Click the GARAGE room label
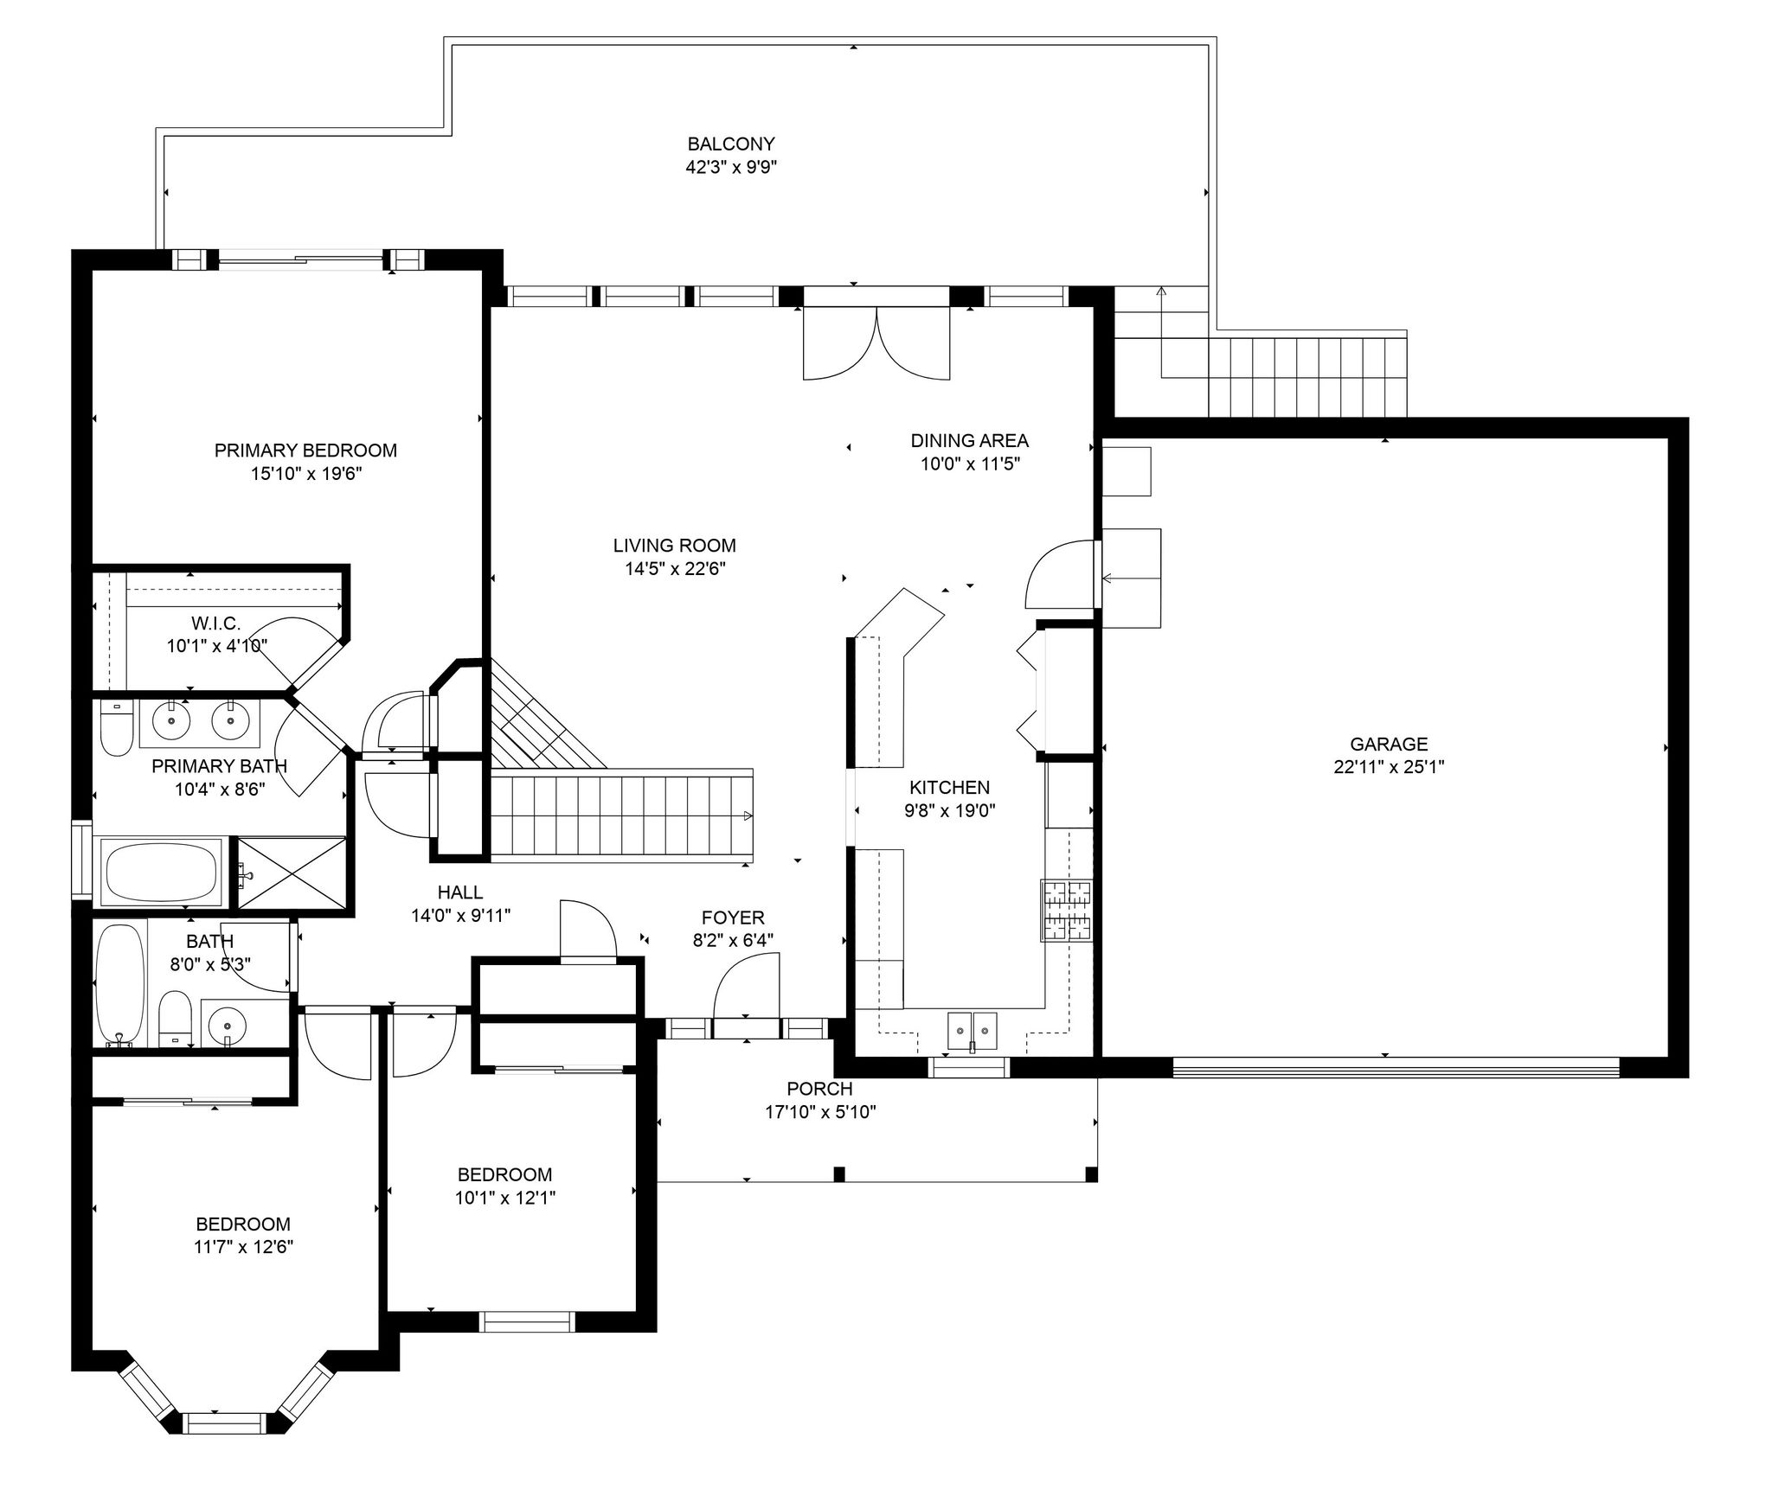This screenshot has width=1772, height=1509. [1389, 744]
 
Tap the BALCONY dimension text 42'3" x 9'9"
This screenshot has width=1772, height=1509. [731, 167]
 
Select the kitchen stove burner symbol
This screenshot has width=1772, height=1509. [1067, 911]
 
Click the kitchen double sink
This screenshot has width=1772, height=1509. [973, 1030]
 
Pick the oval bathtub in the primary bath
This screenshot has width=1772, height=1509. [162, 873]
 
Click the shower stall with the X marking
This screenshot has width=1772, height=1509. [291, 873]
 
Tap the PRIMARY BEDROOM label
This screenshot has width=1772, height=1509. [305, 451]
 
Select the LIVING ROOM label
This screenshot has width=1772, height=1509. [675, 546]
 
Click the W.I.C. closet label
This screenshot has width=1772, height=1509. [216, 623]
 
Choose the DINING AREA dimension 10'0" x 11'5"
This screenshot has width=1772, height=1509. [970, 464]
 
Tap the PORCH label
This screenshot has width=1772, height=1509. [819, 1089]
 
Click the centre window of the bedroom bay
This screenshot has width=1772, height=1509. [224, 1423]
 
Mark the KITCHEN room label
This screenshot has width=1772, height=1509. [949, 787]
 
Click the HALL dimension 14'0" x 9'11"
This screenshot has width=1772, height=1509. [461, 915]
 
